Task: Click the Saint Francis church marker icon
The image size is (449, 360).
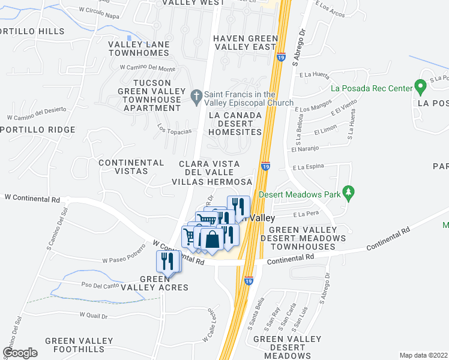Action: pos(196,95)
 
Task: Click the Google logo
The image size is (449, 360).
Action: pos(20,353)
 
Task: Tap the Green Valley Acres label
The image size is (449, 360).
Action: pos(164,283)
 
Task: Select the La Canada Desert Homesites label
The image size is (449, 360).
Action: pos(235,123)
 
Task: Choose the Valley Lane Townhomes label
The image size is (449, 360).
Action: pos(139,49)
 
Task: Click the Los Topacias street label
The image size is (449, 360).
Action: pos(175,129)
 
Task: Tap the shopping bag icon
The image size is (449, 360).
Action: pos(212,239)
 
